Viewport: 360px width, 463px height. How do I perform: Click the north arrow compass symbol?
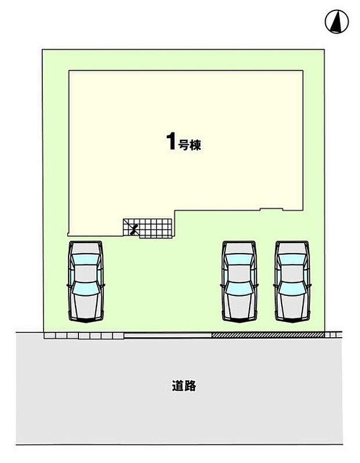336,22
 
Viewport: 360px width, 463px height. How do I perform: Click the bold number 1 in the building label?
171,141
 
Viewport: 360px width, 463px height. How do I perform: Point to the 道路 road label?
183,385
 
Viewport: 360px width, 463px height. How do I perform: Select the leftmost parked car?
87,281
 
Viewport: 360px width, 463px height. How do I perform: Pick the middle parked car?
239,281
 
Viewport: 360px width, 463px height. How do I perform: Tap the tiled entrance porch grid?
154,227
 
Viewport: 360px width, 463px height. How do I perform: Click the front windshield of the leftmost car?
87,288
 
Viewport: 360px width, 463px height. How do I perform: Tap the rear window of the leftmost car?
87,259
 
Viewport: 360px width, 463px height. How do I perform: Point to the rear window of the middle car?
239,259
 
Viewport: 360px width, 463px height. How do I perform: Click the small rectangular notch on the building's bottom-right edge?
271,209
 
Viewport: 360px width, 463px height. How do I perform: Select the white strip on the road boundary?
168,335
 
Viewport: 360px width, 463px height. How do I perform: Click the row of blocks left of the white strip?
84,335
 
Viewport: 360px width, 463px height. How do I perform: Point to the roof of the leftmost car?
87,273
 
